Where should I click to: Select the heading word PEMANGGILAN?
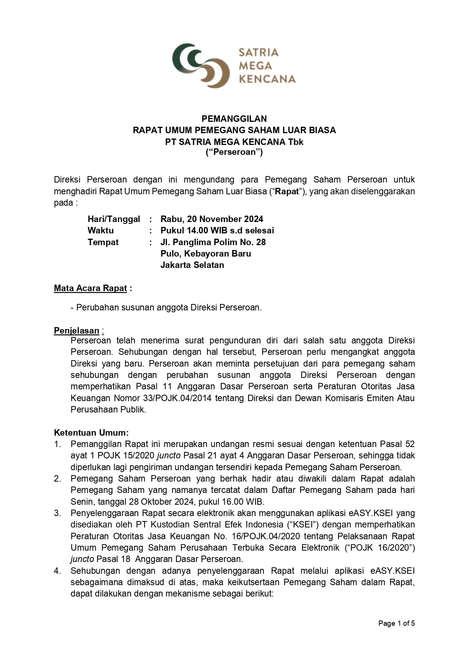(234, 119)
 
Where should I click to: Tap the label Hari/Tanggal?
(114, 219)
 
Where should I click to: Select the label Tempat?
(103, 242)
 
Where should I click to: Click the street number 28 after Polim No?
(261, 242)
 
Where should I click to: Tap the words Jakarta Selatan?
(192, 265)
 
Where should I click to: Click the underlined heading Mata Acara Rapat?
(90, 288)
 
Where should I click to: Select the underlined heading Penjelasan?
(77, 331)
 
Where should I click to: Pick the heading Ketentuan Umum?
(91, 433)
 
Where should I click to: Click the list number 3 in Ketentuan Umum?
(57, 513)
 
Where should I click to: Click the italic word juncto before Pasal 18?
(82, 559)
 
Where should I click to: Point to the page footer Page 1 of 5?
(396, 623)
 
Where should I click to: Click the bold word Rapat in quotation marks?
(287, 191)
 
